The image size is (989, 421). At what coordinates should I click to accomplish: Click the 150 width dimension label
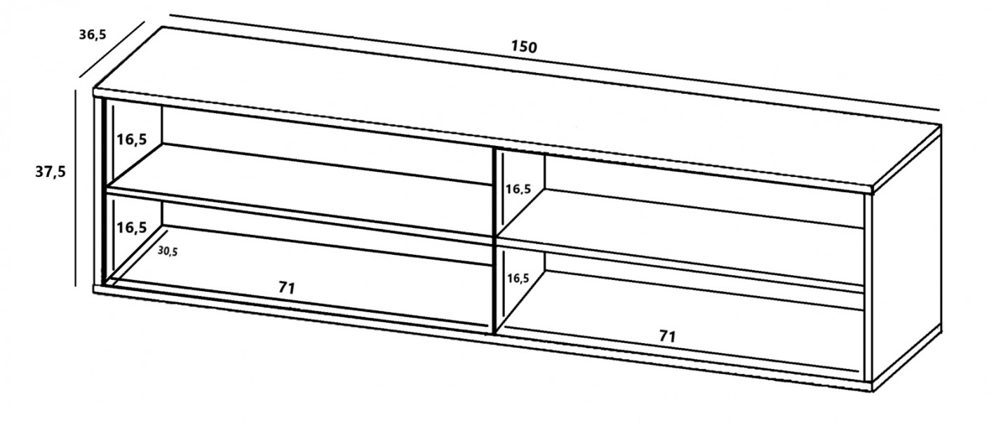point(524,46)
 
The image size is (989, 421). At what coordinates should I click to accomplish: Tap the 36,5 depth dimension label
point(93,34)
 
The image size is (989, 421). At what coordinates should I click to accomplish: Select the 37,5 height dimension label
point(51,171)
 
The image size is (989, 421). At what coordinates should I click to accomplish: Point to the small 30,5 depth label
point(168,251)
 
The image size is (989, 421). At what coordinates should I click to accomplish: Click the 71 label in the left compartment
point(287,288)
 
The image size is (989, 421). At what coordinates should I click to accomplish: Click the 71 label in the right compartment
point(668,337)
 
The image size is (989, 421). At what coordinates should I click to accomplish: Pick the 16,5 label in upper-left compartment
point(132,140)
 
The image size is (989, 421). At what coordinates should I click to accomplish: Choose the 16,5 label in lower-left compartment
point(132,228)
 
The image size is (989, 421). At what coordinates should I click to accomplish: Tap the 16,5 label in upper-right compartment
point(518,189)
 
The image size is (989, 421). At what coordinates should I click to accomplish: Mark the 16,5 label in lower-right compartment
point(518,279)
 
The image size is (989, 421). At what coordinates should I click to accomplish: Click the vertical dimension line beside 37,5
point(76,188)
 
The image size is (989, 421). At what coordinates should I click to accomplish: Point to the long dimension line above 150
point(555,63)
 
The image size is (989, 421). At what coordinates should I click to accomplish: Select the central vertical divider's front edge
point(494,241)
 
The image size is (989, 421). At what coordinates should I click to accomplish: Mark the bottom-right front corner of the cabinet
point(872,391)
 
